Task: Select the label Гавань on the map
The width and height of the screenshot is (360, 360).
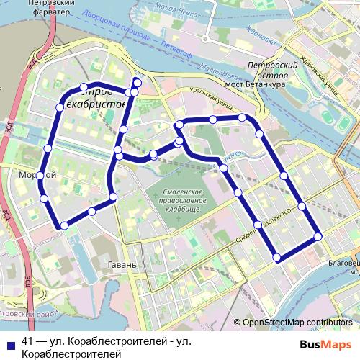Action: [x=122, y=265]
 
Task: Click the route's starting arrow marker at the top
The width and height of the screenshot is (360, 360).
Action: [x=137, y=81]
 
